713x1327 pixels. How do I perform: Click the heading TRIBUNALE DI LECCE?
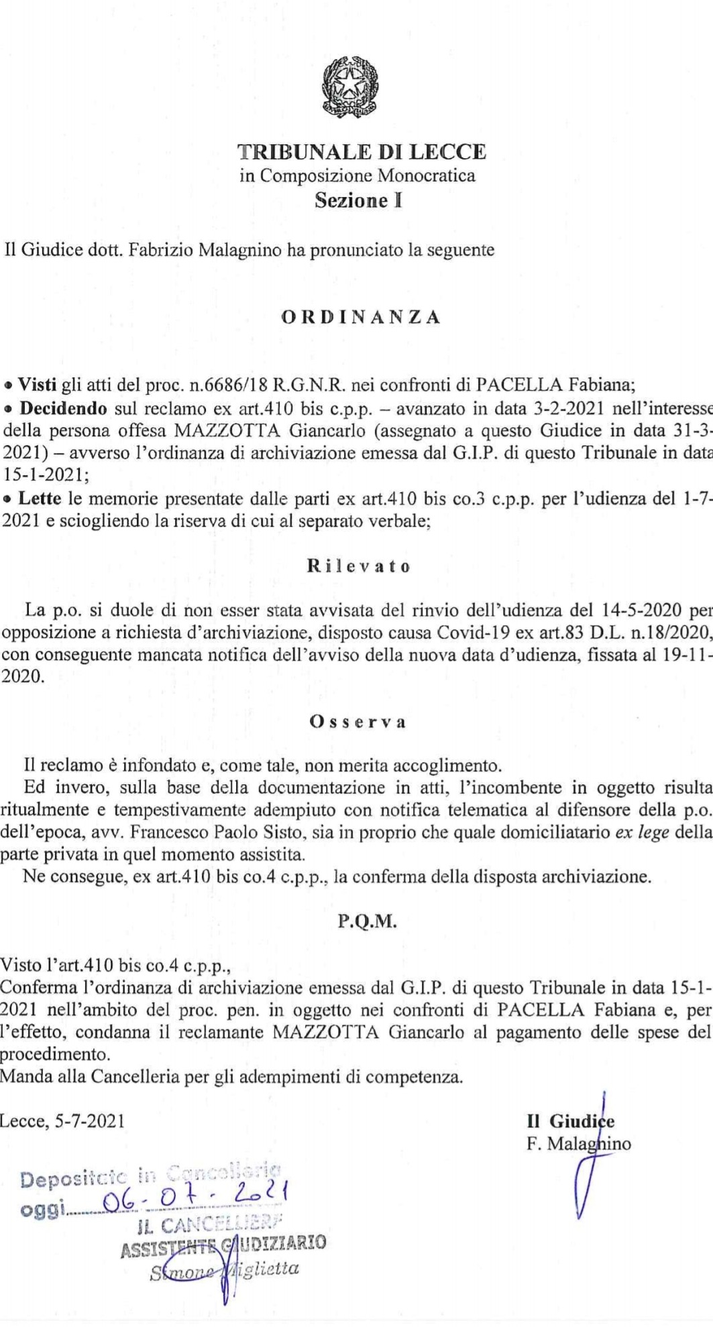(x=363, y=153)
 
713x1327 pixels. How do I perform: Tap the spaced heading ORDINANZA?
(x=361, y=317)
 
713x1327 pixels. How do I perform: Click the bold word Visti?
(x=38, y=385)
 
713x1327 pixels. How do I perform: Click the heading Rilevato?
(x=359, y=567)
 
